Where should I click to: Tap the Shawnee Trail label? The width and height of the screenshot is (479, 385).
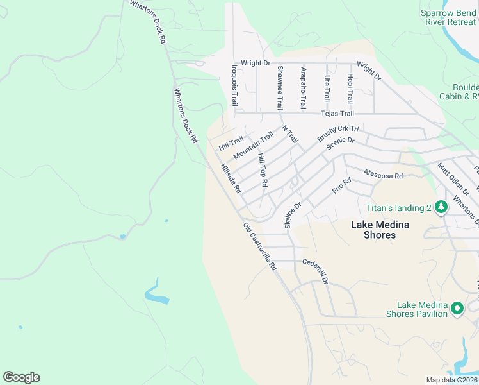coord(280,90)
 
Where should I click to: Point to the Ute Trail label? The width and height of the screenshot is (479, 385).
coord(327,89)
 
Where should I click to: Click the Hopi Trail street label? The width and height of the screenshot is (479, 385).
coord(350,89)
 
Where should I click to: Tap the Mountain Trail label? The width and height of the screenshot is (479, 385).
coord(253,146)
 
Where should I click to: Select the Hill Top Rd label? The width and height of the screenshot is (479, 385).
coord(262,170)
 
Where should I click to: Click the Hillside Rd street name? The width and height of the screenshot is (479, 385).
coord(231,178)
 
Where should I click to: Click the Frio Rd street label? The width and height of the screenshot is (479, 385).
coord(342,187)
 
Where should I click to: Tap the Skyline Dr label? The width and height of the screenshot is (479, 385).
coord(292,215)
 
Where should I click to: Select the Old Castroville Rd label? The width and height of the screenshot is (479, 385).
coord(259,246)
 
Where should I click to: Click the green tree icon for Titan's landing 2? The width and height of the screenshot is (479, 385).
coord(441,207)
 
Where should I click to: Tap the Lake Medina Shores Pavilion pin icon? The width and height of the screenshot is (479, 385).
coord(457,309)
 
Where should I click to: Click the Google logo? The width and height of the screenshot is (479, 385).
coord(21,377)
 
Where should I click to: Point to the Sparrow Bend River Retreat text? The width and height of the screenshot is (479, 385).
coord(448,17)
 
